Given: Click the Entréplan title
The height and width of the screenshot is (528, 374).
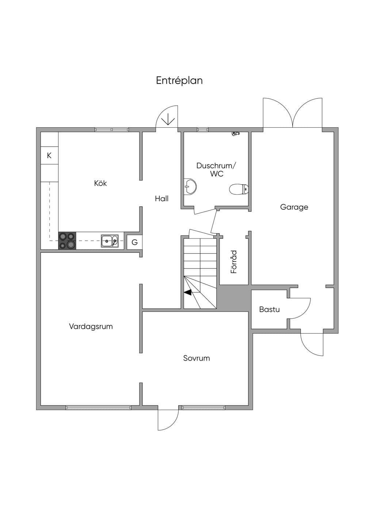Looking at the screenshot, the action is (x=179, y=81).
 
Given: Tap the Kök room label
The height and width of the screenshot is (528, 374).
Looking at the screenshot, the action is (x=100, y=183).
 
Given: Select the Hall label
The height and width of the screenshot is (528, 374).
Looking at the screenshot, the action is (x=162, y=198).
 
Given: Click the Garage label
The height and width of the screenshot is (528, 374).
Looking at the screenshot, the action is (x=294, y=207).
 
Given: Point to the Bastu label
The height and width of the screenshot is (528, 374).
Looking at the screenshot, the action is (x=269, y=309).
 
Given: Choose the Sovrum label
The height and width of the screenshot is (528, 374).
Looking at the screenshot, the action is (x=196, y=358).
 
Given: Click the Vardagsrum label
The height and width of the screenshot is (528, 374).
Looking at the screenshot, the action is (x=91, y=326).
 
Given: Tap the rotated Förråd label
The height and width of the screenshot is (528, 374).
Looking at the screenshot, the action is (x=234, y=262).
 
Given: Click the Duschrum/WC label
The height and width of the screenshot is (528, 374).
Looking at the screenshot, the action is (x=216, y=170).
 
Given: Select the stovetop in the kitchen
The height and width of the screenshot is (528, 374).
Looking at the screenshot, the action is (x=67, y=241).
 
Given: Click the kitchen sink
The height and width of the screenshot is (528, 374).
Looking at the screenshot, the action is (x=110, y=241).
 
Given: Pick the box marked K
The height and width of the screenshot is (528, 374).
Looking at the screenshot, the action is (x=49, y=156).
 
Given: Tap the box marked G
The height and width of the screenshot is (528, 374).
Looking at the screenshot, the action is (x=134, y=242).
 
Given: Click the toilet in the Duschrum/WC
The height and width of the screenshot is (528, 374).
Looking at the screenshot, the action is (x=239, y=189).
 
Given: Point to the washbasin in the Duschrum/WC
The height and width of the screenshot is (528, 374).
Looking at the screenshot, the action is (x=190, y=186).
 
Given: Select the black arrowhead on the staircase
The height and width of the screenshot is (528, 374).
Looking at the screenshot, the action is (x=188, y=292).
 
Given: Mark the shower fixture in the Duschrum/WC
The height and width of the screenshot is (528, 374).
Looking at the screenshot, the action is (x=236, y=134).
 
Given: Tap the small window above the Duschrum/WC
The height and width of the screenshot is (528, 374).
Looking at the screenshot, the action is (x=203, y=129).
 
